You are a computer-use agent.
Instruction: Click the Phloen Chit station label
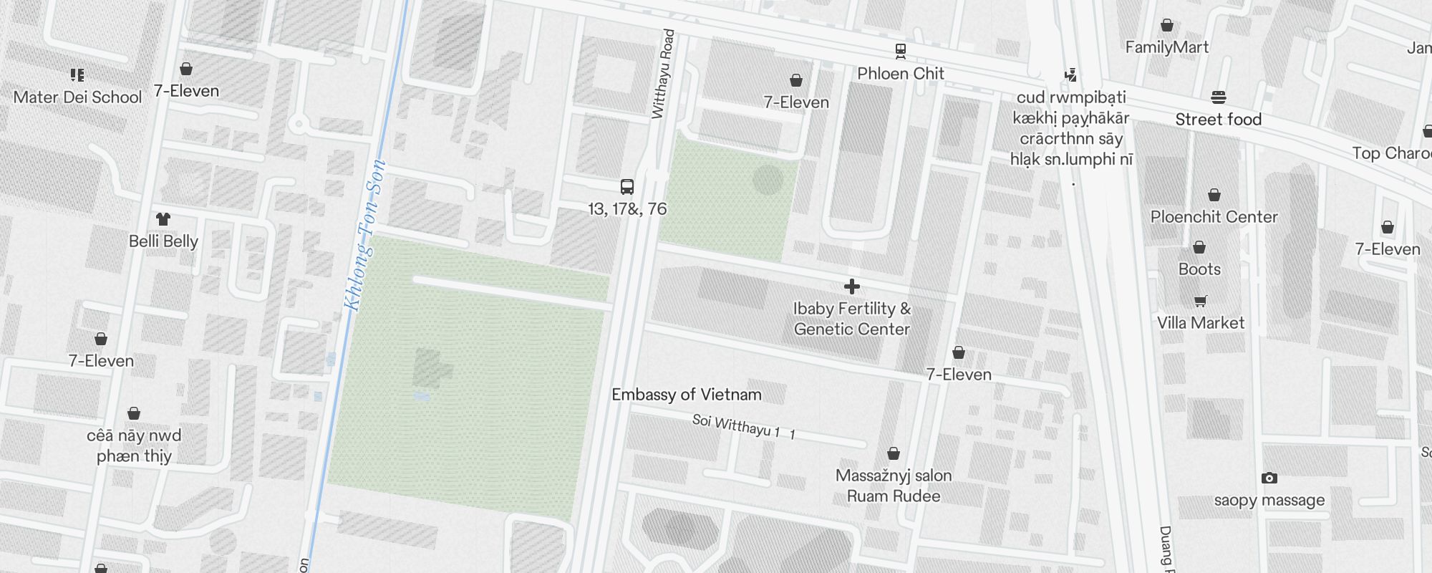900,73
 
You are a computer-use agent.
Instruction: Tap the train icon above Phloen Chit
901,51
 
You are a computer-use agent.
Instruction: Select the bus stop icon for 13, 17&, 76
627,187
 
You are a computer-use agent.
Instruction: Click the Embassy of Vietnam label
686,395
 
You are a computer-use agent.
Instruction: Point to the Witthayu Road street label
663,74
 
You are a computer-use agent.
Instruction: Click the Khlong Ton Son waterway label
365,235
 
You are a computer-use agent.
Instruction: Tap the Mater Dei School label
77,97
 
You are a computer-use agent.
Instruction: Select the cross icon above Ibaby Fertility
852,286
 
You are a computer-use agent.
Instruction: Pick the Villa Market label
1201,323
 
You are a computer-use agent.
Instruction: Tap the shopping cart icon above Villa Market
1201,301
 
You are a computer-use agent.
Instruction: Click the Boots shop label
1199,269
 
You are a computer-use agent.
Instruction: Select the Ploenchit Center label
1214,217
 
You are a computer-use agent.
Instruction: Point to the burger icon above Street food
1219,97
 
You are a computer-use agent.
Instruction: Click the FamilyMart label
1166,47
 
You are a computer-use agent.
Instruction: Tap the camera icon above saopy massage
1269,478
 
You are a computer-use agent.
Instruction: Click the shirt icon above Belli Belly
163,219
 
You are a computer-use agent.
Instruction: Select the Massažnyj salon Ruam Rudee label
894,486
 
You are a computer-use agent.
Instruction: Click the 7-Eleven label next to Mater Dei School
186,91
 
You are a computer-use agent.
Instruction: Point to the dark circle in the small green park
768,180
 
